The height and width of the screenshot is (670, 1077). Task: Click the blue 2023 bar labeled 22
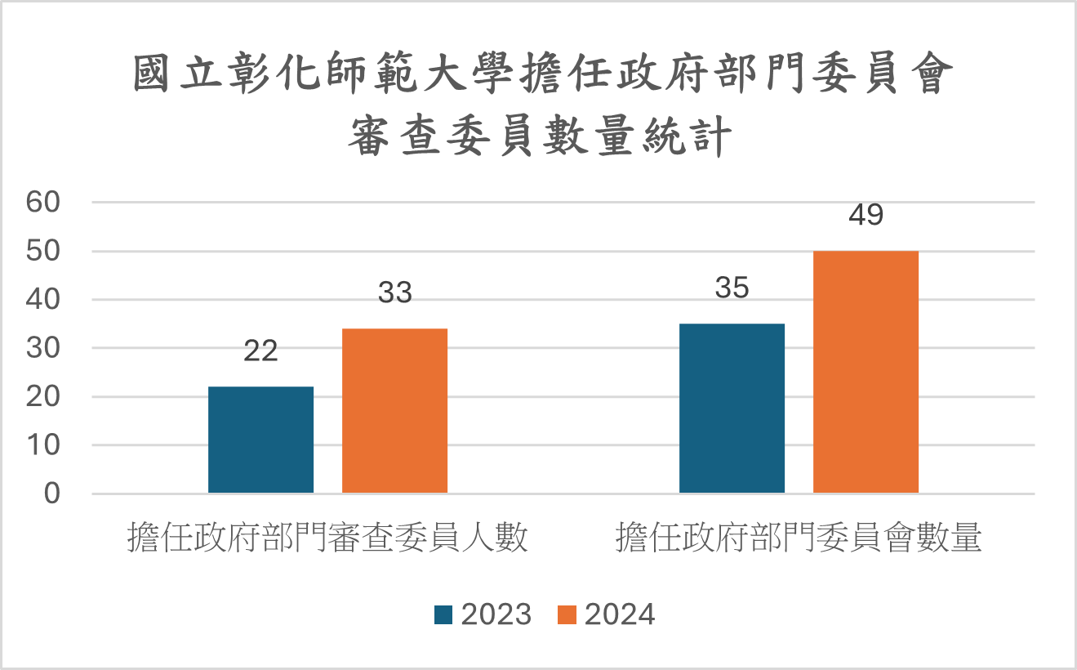260,440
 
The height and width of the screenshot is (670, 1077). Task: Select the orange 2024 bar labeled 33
394,411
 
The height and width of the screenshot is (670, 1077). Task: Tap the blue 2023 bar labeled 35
732,409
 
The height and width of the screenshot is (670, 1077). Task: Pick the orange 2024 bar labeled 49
866,372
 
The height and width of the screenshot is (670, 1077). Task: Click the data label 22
260,351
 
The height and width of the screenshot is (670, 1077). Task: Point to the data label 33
394,293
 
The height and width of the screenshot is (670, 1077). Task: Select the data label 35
732,288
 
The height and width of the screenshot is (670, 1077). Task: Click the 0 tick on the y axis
53,494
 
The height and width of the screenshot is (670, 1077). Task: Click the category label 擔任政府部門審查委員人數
327,539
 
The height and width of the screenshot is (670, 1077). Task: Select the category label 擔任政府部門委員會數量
799,539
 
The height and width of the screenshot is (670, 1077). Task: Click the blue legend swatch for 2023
443,614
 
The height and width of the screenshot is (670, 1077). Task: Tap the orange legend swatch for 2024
567,614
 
